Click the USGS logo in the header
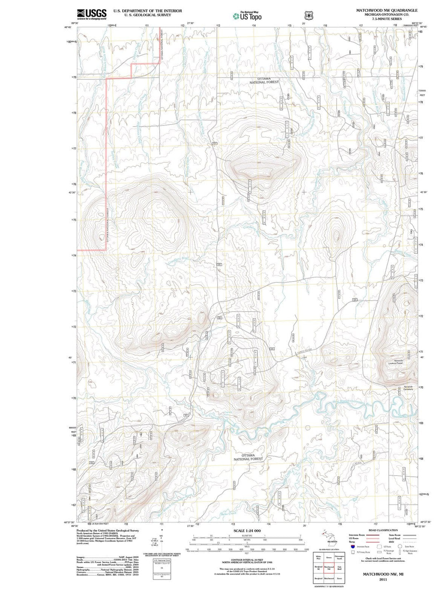pos(91,14)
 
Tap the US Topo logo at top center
pos(247,16)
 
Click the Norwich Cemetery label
pos(408,388)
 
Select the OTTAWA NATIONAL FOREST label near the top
pos(264,80)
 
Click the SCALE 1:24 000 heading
pos(247,531)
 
